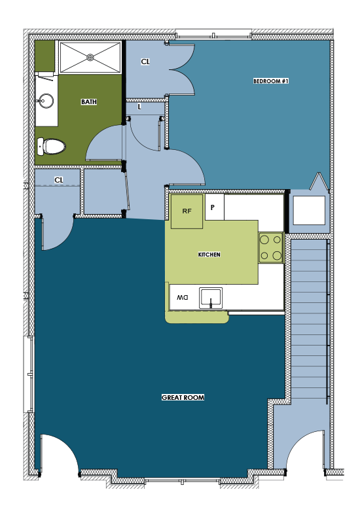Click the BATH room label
[89, 102]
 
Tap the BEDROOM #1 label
[271, 80]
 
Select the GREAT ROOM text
[183, 397]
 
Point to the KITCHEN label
[209, 255]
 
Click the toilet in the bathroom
[51, 146]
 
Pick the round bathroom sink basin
[45, 101]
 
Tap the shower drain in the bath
[90, 58]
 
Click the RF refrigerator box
[187, 211]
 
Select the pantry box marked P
[215, 207]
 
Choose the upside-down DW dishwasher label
[183, 298]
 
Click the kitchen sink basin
[211, 298]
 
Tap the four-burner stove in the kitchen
[271, 247]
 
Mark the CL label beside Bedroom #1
[145, 62]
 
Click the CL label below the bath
[59, 180]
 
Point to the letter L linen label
[139, 107]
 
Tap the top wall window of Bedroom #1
[213, 35]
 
